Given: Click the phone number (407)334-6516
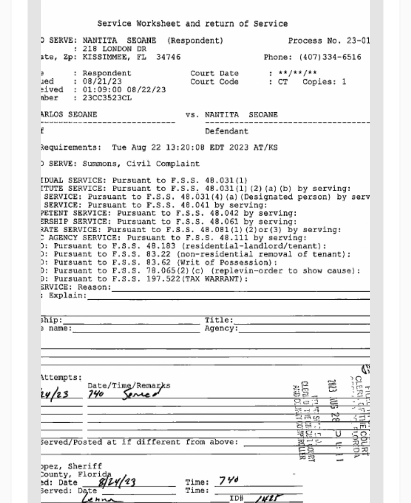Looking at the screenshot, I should pos(330,57).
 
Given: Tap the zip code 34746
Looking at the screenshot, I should pos(168,57).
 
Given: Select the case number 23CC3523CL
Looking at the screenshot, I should pos(107,98).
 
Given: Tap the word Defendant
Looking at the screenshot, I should pos(226,131).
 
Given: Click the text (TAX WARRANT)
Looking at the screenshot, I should pos(214,279).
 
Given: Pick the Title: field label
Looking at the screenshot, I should pos(219,320).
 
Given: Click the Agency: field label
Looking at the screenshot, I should pos(221,329).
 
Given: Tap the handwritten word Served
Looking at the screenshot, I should pos(141,394).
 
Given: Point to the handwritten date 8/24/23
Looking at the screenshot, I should pos(117,482).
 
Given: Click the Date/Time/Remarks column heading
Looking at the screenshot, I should pos(129,386).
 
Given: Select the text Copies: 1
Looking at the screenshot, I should pos(324,82).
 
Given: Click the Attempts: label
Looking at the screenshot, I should pos(61,378).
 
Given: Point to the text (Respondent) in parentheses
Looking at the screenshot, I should pos(195,41).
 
